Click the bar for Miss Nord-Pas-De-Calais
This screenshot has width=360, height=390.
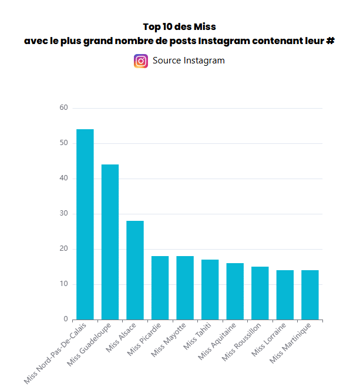tap(85, 224)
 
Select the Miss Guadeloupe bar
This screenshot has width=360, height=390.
tap(110, 242)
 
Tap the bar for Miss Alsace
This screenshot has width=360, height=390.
tap(135, 270)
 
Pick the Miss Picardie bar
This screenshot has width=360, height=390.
tap(160, 288)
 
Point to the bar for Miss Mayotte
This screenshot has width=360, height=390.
tap(185, 288)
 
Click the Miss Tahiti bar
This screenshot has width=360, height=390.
tap(210, 290)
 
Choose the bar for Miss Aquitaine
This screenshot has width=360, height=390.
tap(235, 291)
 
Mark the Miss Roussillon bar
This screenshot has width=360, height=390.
tap(260, 293)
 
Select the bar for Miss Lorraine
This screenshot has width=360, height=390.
tap(285, 295)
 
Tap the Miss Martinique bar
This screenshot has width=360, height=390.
tap(310, 295)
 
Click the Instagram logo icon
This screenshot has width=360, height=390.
tap(141, 60)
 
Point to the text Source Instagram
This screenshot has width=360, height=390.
tap(189, 60)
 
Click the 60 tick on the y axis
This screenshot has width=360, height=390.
tap(64, 108)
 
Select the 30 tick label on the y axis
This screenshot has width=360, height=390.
tap(64, 214)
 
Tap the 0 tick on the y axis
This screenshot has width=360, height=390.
tap(66, 320)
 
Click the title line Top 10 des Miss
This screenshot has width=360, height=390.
tap(180, 27)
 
